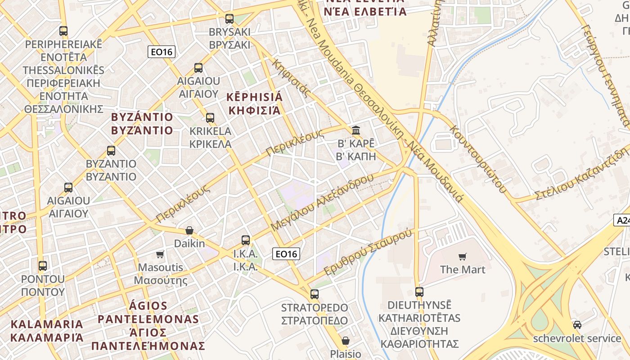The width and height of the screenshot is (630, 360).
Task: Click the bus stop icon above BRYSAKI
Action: [x=229, y=19]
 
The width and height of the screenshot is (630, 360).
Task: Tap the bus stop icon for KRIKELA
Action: [x=210, y=118]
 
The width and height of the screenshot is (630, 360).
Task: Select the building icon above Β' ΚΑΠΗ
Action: [x=356, y=130]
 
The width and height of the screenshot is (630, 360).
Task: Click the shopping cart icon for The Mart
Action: [x=462, y=256]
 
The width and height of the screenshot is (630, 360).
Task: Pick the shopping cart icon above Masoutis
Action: [x=160, y=255]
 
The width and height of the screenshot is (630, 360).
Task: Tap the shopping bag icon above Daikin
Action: [x=189, y=230]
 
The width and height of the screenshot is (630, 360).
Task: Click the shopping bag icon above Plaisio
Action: [x=346, y=341]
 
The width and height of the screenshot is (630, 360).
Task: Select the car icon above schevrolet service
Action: [x=577, y=324]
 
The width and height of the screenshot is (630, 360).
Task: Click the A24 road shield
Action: [x=622, y=220]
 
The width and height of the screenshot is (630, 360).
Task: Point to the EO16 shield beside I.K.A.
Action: [x=286, y=254]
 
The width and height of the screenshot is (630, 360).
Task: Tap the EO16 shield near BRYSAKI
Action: [x=162, y=52]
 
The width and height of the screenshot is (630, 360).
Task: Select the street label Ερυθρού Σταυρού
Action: [x=368, y=252]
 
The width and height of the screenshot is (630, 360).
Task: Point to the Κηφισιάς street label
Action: [x=291, y=78]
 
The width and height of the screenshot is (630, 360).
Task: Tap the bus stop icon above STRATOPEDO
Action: [x=315, y=294]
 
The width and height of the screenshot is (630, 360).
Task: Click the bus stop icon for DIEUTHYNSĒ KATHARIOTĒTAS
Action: [x=419, y=292]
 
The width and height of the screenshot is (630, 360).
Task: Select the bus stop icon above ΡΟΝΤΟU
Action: [x=43, y=265]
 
